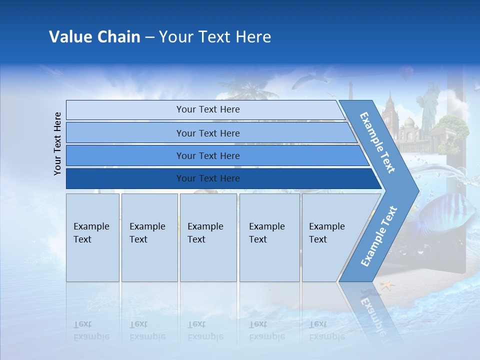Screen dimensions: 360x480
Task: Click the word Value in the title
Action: [70, 37]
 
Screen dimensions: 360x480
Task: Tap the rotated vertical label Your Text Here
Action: [57, 143]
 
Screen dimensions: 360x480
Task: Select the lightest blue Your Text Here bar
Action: [207, 109]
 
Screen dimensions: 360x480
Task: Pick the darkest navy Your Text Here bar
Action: [207, 178]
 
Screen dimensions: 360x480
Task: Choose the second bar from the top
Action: [207, 133]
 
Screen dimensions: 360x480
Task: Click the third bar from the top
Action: [207, 155]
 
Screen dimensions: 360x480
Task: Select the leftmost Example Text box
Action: [92, 237]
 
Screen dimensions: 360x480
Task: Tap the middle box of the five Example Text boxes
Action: [208, 237]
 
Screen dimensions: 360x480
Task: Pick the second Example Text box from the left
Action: [149, 237]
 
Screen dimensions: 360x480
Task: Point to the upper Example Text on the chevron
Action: [377, 142]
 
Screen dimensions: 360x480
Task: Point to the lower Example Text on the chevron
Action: [378, 236]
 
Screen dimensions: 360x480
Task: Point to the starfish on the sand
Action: [386, 285]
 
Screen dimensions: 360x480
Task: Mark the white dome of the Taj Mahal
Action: [410, 122]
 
